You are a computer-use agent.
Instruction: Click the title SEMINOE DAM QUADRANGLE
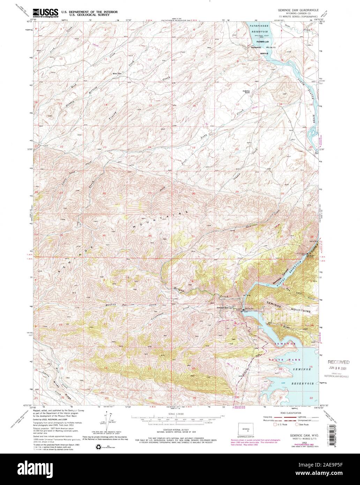point(301,11)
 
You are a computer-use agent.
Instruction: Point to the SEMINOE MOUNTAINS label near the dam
point(288,307)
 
